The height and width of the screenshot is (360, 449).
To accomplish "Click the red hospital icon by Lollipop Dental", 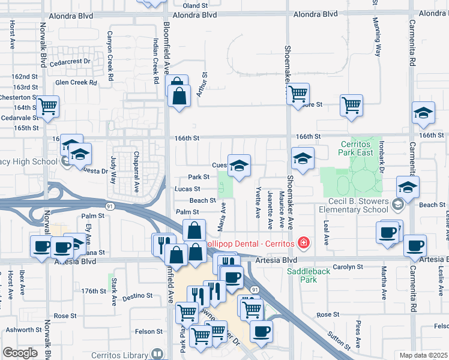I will pos(304,243).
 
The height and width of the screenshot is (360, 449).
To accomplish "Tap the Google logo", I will pos(20,353).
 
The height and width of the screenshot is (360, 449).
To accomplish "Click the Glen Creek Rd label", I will pos(76,83).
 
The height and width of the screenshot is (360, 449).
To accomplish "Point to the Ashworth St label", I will pos(24,330).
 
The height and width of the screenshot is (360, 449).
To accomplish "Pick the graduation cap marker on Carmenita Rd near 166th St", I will pos(423,113).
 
